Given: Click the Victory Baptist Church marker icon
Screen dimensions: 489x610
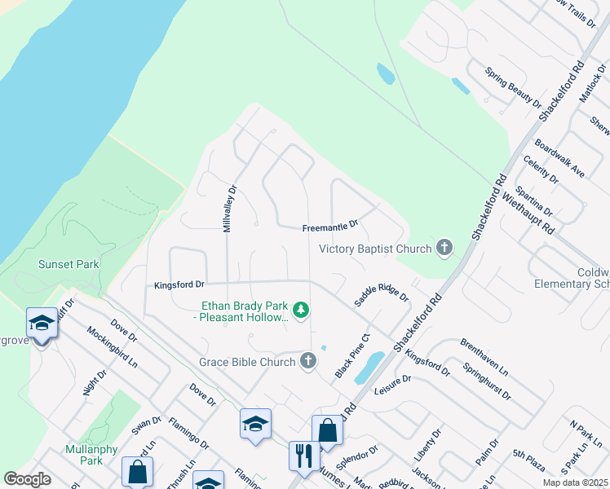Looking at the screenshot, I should (x=444, y=248).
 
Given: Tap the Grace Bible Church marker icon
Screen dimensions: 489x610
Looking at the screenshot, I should (x=307, y=360).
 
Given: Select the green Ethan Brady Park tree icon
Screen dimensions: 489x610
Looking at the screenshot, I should (x=301, y=309).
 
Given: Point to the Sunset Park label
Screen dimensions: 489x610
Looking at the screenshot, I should (x=69, y=264).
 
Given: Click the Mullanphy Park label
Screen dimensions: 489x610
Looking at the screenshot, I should (x=92, y=455).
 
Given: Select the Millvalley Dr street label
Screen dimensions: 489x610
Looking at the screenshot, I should (x=232, y=208).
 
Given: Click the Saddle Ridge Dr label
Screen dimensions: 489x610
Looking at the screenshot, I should (x=381, y=290).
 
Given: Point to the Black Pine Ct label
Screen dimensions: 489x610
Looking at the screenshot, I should (x=353, y=355).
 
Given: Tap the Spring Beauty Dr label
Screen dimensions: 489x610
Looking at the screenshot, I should (x=514, y=87).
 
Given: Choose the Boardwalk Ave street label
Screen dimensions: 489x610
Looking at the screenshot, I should (x=559, y=160).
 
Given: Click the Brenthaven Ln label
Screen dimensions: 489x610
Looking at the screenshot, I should (x=484, y=357).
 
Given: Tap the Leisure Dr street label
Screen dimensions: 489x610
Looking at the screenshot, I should (x=393, y=385).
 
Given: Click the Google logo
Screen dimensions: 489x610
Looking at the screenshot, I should (x=27, y=479).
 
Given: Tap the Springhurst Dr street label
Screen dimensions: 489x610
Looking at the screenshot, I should (x=487, y=381).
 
